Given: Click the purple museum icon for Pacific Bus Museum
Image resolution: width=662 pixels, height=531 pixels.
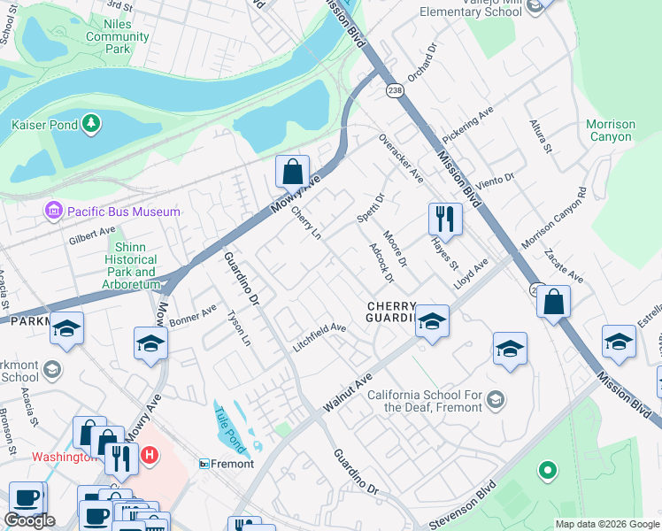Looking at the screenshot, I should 53,212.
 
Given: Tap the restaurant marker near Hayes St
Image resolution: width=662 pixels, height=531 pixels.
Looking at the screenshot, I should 445,219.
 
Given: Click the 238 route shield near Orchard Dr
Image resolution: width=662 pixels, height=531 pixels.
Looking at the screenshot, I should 395,90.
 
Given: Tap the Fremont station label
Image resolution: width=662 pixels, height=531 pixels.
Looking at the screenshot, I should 232,464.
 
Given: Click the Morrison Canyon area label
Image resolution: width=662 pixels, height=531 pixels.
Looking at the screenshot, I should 611,131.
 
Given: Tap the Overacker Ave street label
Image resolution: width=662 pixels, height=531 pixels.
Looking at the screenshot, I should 402,158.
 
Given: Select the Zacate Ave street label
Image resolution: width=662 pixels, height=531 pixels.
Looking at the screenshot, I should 563,265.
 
